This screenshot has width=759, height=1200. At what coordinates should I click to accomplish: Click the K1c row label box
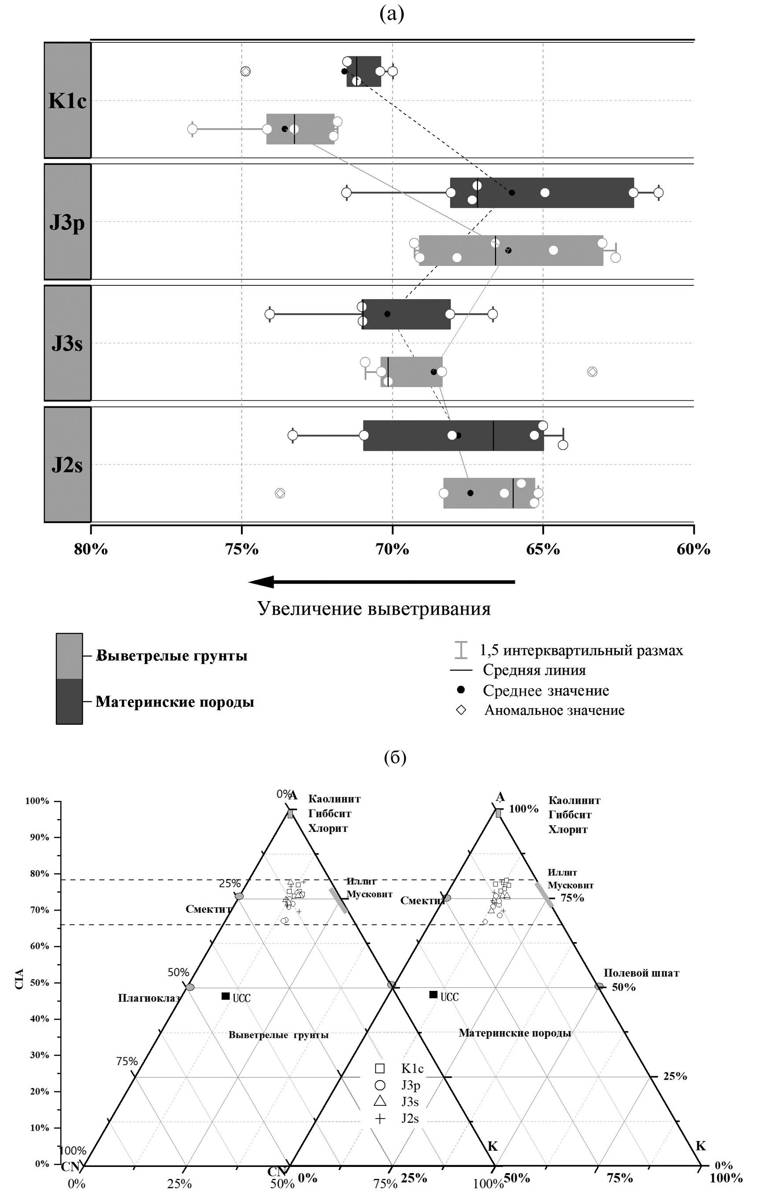tap(67, 100)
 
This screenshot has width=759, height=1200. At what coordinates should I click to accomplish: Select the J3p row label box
tap(67, 222)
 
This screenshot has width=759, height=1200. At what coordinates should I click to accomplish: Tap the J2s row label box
tap(67, 465)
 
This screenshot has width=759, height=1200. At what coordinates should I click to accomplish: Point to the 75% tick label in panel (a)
tap(242, 549)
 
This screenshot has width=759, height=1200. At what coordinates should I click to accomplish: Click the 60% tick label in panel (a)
tap(693, 549)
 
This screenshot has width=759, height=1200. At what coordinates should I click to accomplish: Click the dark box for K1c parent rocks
tap(364, 71)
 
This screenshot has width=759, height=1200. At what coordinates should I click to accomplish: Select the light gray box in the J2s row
tap(489, 493)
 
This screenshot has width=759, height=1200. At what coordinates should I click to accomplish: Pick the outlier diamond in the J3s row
tap(592, 372)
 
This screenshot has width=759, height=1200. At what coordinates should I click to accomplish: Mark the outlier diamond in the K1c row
tap(245, 71)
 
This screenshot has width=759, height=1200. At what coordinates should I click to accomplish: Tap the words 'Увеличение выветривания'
tap(374, 609)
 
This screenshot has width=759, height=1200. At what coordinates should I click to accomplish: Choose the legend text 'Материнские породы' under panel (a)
tap(175, 702)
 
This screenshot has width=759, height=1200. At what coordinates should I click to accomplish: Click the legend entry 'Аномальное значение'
tap(554, 710)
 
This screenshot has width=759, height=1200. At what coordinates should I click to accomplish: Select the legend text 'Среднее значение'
tap(546, 690)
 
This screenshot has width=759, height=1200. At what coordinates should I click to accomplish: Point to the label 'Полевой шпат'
tap(641, 972)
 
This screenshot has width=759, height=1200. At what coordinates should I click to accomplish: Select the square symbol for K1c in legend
tap(380, 1068)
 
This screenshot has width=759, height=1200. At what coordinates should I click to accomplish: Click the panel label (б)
tap(395, 757)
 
